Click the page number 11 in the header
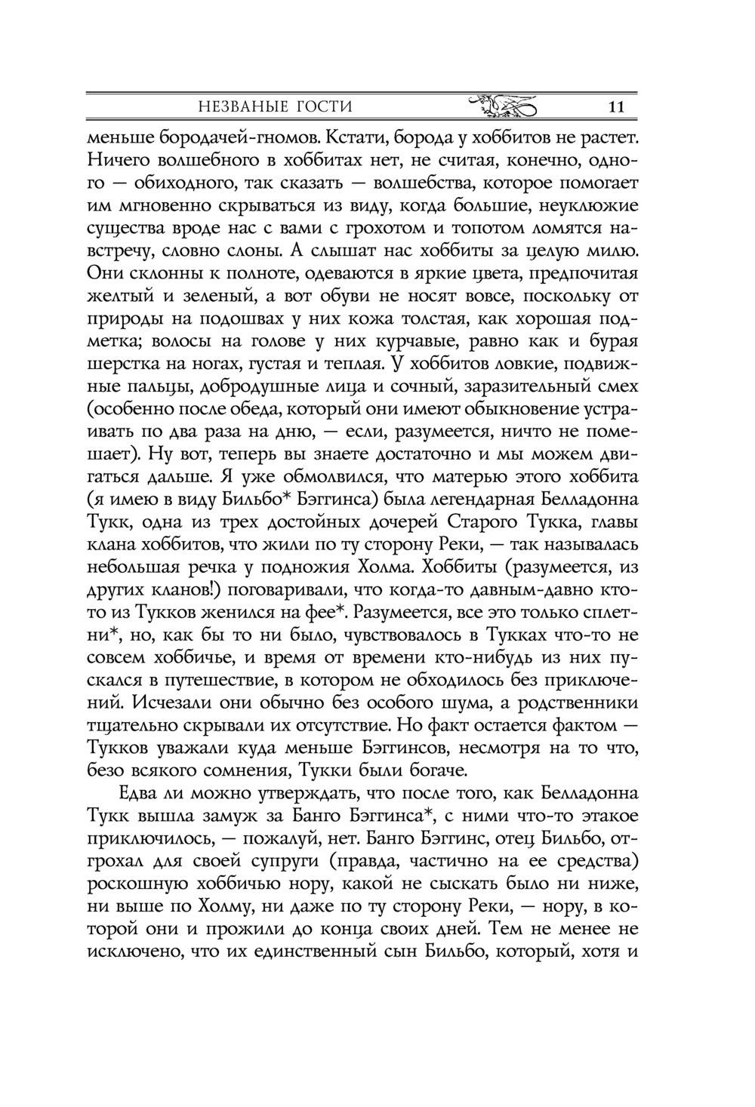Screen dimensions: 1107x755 [x=615, y=106]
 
